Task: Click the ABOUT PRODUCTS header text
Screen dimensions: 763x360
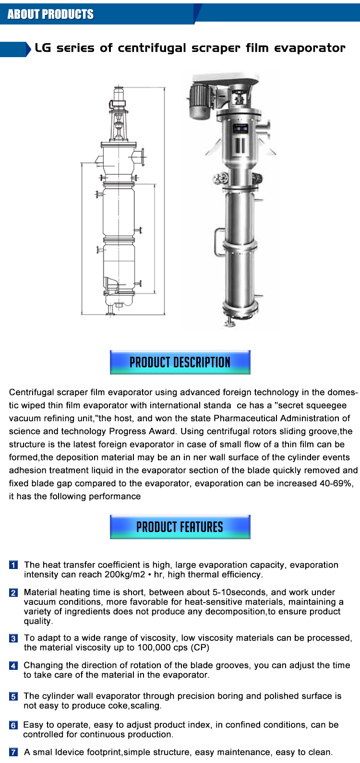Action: click(x=50, y=14)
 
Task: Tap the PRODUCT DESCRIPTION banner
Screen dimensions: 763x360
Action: click(x=180, y=362)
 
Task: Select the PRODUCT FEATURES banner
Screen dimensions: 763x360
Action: click(x=180, y=527)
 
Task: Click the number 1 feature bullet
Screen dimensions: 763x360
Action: click(x=13, y=565)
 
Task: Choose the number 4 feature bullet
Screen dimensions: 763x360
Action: click(x=13, y=666)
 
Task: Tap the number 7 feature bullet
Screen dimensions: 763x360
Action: click(x=13, y=752)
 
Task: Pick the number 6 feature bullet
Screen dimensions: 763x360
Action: click(x=13, y=726)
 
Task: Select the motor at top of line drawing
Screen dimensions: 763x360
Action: click(x=118, y=96)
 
